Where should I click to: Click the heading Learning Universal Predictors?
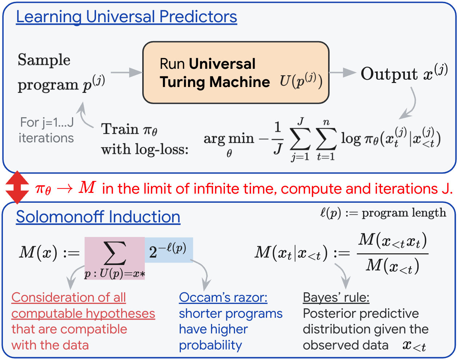127,17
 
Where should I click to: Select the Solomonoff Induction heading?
98,217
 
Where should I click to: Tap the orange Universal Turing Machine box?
236,72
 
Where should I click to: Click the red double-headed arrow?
17,187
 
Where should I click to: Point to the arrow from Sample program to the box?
127,72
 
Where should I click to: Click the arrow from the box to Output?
343,72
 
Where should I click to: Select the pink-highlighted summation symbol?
115,253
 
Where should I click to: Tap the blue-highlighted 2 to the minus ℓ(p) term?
168,250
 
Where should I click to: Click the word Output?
389,74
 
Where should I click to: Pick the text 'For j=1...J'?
47,122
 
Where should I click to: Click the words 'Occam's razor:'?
223,298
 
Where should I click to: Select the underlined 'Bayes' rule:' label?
336,298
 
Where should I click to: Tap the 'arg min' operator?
229,139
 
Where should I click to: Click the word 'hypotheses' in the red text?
120,314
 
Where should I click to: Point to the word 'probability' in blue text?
210,346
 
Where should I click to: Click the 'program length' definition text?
404,213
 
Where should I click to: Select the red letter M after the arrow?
87,187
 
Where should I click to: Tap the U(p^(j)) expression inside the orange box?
301,81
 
